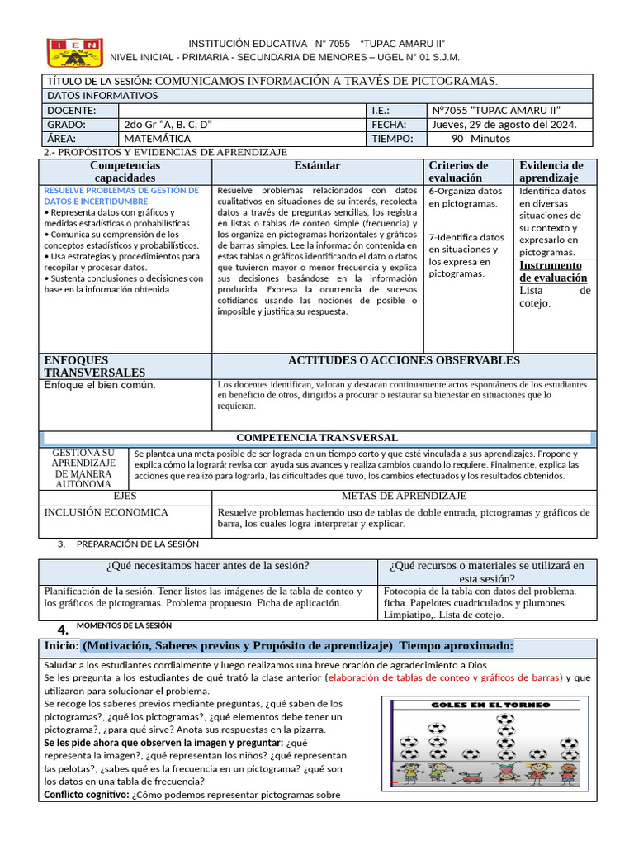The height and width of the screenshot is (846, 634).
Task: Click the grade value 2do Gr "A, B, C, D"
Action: click(x=168, y=125)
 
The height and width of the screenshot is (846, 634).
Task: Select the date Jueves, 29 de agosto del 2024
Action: click(x=504, y=125)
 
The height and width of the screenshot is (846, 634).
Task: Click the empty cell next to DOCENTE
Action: click(x=241, y=111)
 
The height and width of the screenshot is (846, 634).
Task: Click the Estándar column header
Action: click(x=318, y=165)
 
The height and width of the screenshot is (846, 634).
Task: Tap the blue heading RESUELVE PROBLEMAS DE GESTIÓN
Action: click(x=121, y=196)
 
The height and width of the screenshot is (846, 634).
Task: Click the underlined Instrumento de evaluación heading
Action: click(x=551, y=272)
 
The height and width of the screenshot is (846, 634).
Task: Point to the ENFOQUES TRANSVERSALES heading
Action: click(x=94, y=367)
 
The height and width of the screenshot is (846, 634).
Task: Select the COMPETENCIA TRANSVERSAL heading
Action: click(x=317, y=438)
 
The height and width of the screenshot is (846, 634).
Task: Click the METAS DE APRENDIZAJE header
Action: click(x=404, y=497)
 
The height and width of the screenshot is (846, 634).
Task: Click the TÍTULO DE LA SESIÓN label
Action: click(x=100, y=81)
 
